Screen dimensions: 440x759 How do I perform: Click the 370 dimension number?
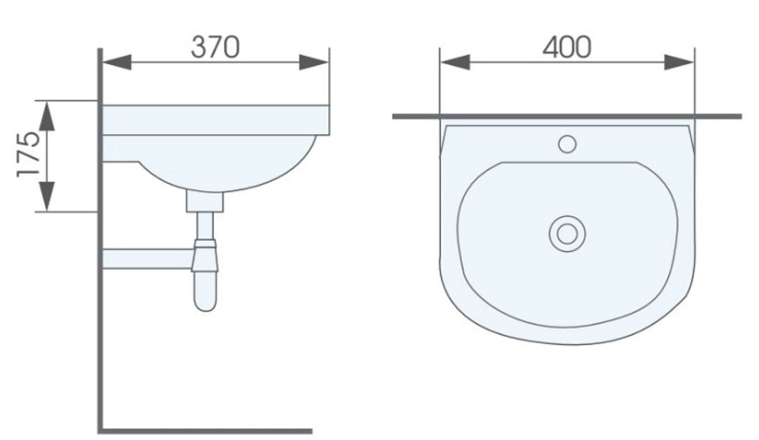215,47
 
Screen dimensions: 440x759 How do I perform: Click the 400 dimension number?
567,47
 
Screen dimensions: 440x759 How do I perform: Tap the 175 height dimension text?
29,155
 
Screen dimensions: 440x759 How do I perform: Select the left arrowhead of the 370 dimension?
118,62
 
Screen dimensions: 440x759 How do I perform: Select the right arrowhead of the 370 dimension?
313,62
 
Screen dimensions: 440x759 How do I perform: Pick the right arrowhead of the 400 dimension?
679,62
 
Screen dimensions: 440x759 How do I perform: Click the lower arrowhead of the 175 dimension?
46,196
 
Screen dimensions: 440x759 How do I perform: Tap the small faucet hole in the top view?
567,144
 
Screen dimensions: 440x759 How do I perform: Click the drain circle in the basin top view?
567,234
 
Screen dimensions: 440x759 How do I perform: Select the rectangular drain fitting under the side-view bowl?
205,201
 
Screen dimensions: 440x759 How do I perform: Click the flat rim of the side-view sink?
215,120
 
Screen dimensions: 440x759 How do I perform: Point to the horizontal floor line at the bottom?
207,431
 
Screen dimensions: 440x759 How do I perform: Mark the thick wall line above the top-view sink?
567,116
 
